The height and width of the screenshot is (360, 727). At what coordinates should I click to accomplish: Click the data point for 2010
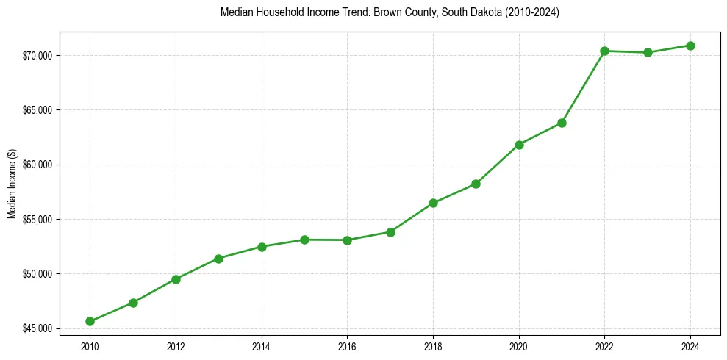click(90, 321)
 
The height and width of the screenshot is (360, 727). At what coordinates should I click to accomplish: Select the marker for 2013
click(218, 259)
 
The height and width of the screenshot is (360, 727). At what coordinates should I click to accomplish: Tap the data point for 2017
click(390, 232)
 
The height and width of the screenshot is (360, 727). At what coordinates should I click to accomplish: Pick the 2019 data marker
click(476, 184)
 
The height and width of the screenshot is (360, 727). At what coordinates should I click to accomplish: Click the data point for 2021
click(562, 123)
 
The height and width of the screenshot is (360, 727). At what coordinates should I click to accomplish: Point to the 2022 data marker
click(604, 51)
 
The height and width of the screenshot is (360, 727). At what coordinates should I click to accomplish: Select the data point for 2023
click(648, 52)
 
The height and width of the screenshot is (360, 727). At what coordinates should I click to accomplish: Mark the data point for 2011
click(133, 303)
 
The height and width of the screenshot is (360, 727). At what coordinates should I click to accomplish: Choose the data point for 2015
click(304, 240)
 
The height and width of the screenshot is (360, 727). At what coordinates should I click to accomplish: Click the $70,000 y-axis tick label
click(37, 56)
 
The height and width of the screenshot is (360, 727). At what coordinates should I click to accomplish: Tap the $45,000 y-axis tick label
click(37, 328)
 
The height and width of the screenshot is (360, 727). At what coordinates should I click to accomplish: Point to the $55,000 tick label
click(37, 220)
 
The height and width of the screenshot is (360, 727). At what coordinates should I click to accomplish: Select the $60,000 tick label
click(37, 165)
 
